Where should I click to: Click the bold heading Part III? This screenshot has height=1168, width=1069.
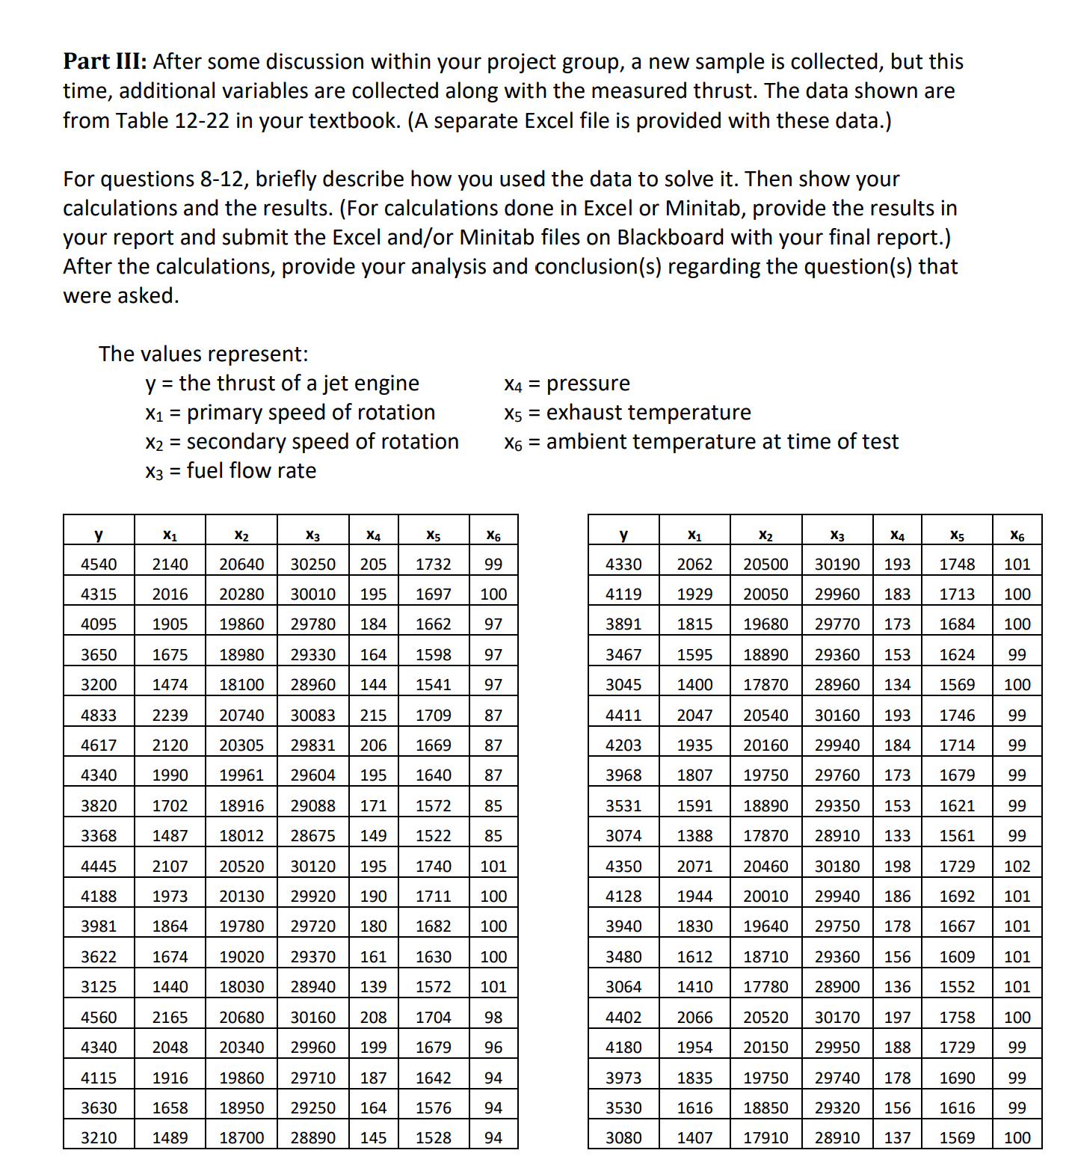click(105, 61)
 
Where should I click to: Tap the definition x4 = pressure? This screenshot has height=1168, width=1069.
click(567, 384)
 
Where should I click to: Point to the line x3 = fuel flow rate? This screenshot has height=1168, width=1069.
click(230, 471)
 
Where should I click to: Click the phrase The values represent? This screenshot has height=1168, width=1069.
click(203, 354)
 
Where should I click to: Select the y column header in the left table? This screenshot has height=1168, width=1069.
click(99, 535)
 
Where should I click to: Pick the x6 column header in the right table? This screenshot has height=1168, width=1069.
click(1017, 535)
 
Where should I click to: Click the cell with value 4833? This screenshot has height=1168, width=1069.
click(99, 715)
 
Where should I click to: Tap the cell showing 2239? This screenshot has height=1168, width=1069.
click(170, 715)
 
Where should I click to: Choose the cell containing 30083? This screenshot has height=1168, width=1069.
click(312, 715)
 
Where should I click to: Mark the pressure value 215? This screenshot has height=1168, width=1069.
click(373, 715)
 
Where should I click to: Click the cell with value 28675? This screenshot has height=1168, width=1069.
click(312, 835)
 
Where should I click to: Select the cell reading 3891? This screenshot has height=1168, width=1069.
click(623, 624)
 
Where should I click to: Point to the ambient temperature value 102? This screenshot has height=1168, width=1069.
click(1017, 866)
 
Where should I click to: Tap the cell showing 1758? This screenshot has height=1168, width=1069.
click(957, 1017)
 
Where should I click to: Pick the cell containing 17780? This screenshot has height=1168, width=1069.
click(765, 987)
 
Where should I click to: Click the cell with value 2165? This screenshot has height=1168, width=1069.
click(170, 1017)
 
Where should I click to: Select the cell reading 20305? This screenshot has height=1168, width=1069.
click(241, 745)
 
